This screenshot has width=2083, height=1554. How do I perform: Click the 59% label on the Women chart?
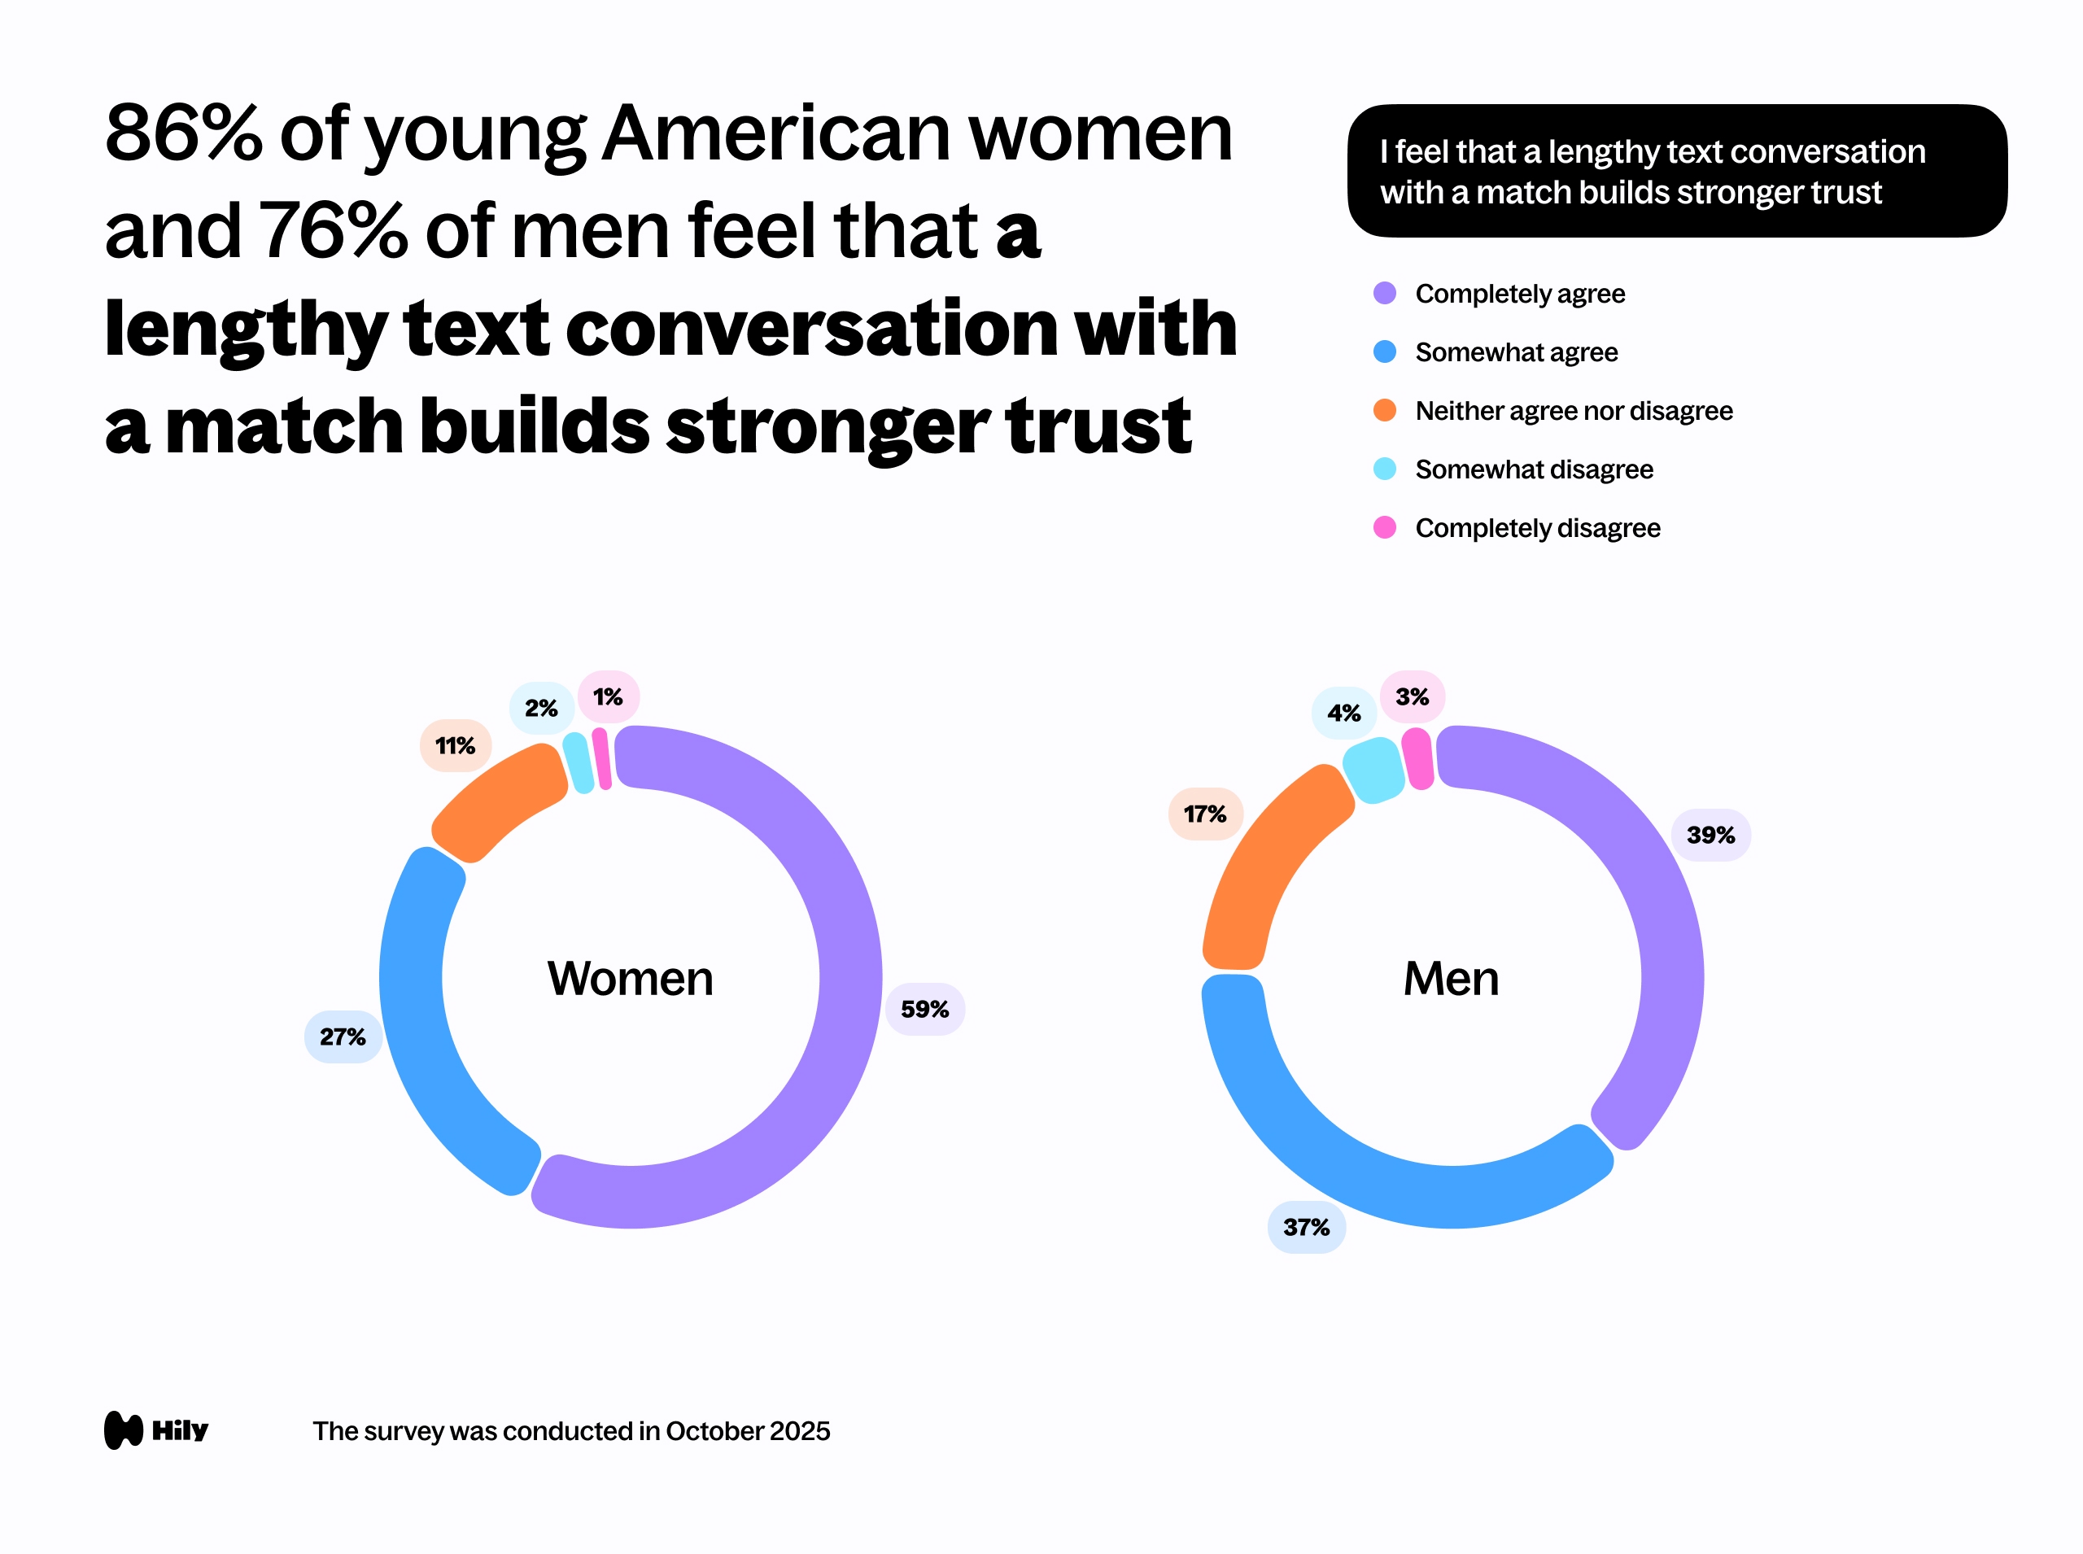click(x=925, y=1010)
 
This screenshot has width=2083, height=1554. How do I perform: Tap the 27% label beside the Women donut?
click(x=343, y=1037)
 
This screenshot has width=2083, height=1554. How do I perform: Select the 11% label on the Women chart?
click(x=456, y=746)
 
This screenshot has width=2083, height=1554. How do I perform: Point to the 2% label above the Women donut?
click(x=541, y=709)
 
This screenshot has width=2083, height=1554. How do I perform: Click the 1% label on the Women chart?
click(x=608, y=697)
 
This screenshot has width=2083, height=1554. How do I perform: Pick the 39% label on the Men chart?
click(x=1710, y=835)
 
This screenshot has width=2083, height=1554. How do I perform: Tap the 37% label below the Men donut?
click(x=1306, y=1227)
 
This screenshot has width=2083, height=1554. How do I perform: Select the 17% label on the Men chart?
click(x=1205, y=814)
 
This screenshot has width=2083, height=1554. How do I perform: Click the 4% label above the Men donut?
click(x=1343, y=713)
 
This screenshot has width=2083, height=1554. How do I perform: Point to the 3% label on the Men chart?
click(x=1413, y=697)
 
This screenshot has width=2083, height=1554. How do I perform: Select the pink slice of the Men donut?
click(x=1418, y=758)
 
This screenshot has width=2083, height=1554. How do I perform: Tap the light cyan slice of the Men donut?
click(x=1374, y=770)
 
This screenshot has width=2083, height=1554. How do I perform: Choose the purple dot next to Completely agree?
click(x=1385, y=294)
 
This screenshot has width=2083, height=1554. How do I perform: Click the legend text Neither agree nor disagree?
click(x=1573, y=411)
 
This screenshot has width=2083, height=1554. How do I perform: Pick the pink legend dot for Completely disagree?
click(x=1385, y=528)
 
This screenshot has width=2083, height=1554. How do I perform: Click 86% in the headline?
click(x=183, y=133)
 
